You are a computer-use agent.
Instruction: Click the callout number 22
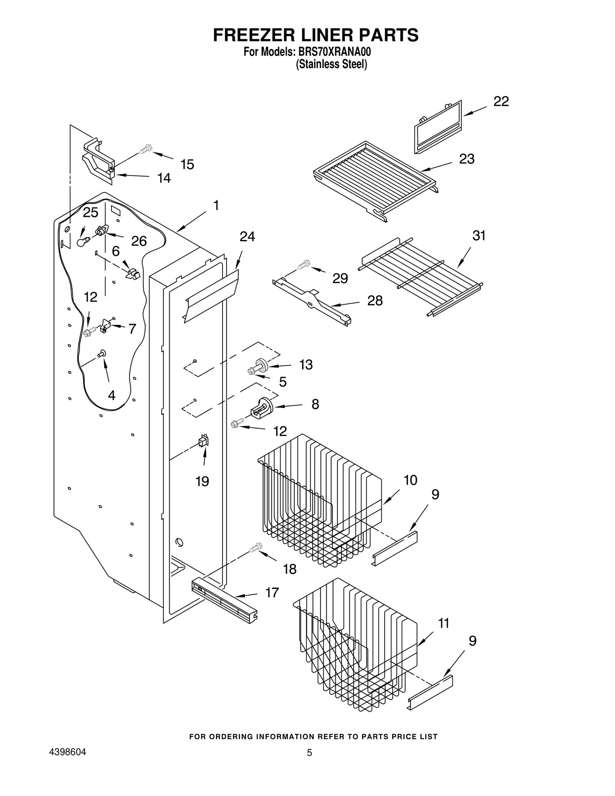tap(501, 101)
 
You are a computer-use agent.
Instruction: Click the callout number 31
tap(479, 236)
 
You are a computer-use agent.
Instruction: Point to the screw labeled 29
tap(304, 265)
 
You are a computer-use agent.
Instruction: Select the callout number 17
tap(272, 593)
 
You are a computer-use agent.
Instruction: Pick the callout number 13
tap(306, 364)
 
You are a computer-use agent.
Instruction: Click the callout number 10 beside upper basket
tap(410, 480)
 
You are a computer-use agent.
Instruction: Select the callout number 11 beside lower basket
tap(444, 623)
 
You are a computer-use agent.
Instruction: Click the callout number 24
tap(247, 237)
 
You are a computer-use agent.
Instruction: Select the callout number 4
tap(111, 395)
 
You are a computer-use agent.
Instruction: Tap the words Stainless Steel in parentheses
tap(331, 64)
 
